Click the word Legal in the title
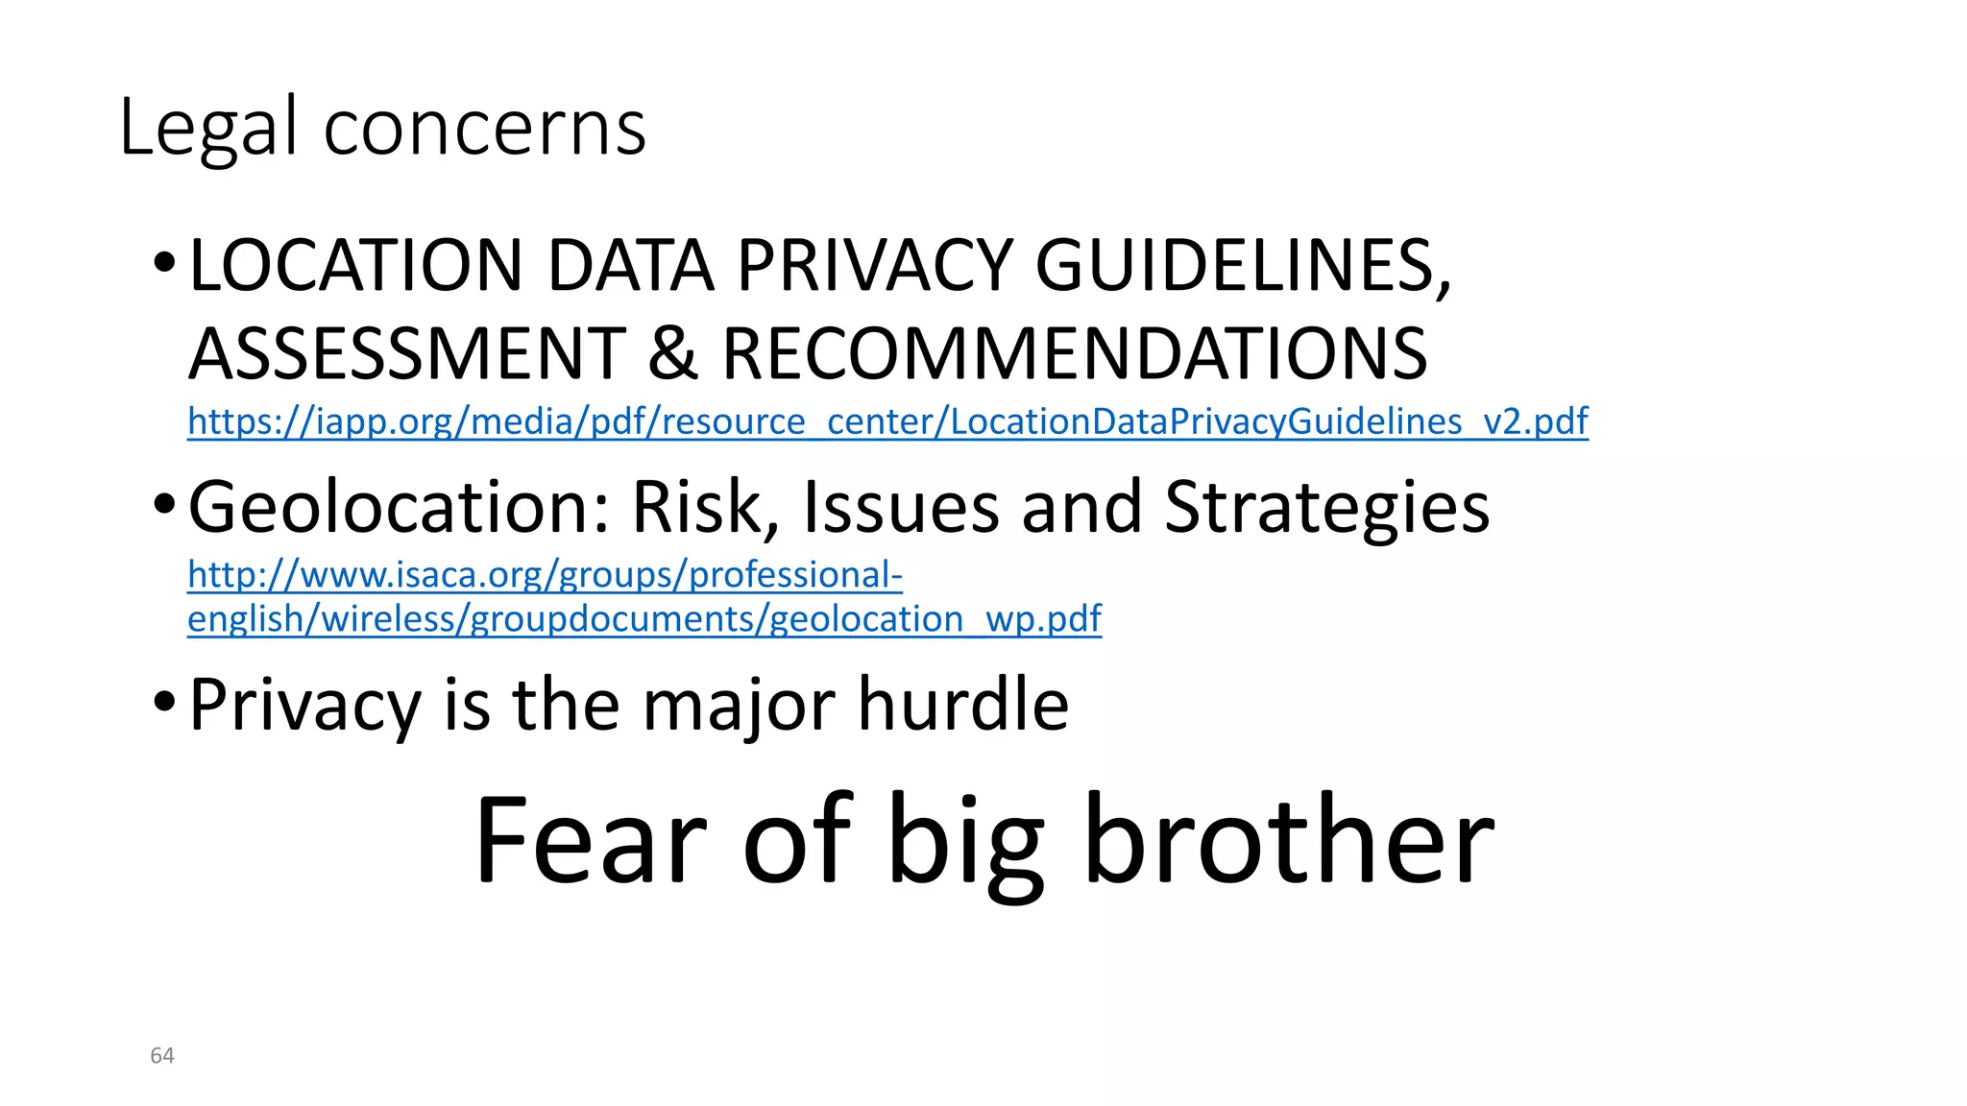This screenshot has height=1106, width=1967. click(207, 129)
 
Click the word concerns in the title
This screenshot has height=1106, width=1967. click(485, 129)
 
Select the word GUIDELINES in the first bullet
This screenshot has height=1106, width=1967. click(1243, 265)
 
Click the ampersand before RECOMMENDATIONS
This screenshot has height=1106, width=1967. click(672, 353)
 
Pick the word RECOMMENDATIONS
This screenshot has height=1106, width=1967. click(1075, 353)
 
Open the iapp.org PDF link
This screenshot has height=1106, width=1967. click(887, 421)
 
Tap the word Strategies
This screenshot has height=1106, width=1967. click(1326, 506)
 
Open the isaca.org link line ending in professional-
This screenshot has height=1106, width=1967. click(545, 575)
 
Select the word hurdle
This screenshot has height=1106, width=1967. click(962, 704)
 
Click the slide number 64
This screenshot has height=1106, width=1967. click(162, 1056)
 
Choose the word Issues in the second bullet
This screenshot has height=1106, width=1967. click(901, 506)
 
